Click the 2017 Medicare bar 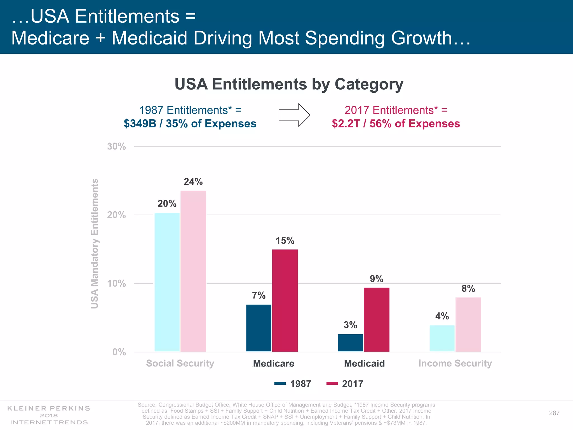(285, 300)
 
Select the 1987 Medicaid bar (350, 343)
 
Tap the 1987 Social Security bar (167, 282)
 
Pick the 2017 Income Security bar (468, 324)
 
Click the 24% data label (193, 182)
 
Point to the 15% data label (285, 241)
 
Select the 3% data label (350, 325)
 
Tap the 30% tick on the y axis (116, 146)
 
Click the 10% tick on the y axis (116, 284)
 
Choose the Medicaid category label (364, 363)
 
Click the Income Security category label (455, 363)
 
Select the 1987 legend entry (293, 384)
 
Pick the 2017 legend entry (345, 384)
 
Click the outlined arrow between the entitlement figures (294, 115)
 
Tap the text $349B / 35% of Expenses (190, 123)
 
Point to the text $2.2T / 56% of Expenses (396, 123)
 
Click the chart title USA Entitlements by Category (289, 84)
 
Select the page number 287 (554, 413)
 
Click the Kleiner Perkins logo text (49, 415)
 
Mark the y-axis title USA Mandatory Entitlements (95, 244)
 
